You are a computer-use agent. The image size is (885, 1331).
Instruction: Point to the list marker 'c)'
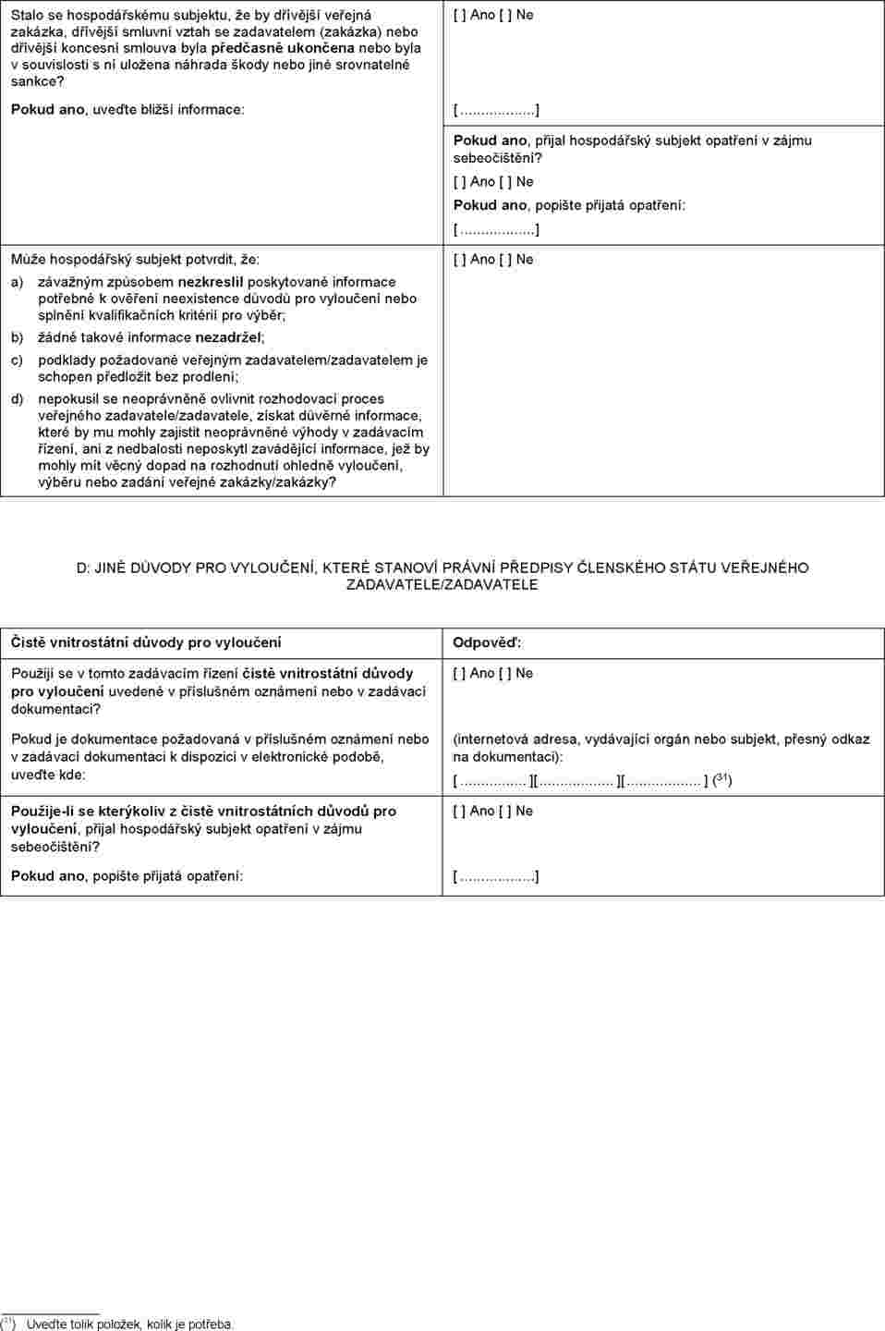coord(18,360)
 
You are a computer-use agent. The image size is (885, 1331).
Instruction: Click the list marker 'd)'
coord(18,399)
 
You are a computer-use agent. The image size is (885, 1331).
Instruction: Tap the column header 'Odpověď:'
coord(487,643)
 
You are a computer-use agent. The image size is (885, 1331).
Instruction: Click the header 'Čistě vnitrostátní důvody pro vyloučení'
coord(146,643)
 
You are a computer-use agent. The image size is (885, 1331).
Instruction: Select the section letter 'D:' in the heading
coord(85,568)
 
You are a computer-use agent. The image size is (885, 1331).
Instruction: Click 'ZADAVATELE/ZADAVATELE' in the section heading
coord(442,585)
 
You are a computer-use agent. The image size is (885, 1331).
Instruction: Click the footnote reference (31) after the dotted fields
coord(722,780)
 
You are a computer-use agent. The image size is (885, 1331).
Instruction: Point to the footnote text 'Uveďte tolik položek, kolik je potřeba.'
coord(129,1325)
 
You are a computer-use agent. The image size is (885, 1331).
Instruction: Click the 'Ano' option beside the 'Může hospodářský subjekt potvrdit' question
coord(482,260)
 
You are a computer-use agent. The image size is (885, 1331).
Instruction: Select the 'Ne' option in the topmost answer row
coord(525,16)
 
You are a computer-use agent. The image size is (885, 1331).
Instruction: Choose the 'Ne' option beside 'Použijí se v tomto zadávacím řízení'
coord(525,674)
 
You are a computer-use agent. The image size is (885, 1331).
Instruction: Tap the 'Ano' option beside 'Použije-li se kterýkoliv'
coord(482,812)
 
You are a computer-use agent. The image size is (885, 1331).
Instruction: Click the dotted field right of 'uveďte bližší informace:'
coord(496,111)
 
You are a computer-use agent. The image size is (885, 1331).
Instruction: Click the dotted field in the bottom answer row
coord(496,876)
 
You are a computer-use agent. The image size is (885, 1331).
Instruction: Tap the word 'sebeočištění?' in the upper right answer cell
coord(497,158)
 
